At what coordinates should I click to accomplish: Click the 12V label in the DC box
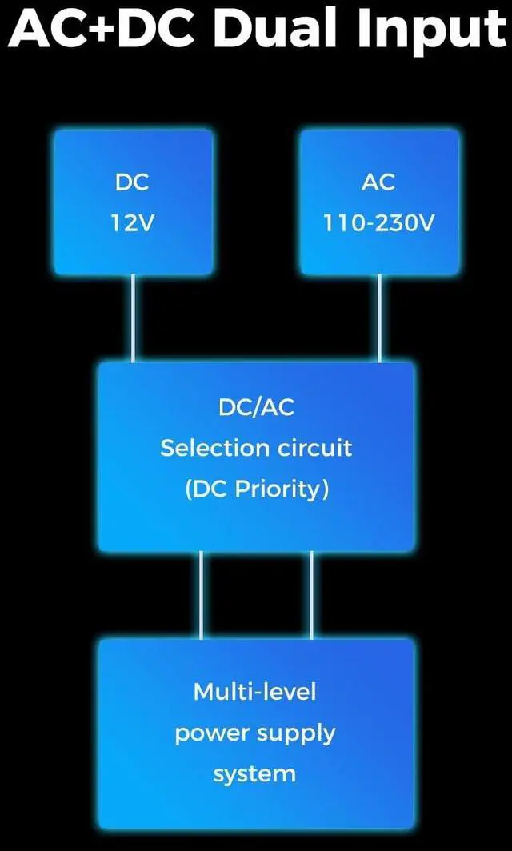pyautogui.click(x=132, y=223)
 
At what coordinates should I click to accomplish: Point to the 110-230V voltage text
pyautogui.click(x=378, y=223)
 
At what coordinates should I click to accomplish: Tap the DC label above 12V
pyautogui.click(x=132, y=182)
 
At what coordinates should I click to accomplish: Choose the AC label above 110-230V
pyautogui.click(x=378, y=182)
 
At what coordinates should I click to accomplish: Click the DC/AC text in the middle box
pyautogui.click(x=256, y=407)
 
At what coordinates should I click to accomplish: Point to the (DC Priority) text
pyautogui.click(x=256, y=489)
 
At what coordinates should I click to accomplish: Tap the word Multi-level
pyautogui.click(x=255, y=691)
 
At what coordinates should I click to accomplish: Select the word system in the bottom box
pyautogui.click(x=255, y=774)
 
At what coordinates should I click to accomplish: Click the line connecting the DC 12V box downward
pyautogui.click(x=133, y=318)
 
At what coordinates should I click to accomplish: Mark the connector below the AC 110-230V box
pyautogui.click(x=379, y=318)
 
